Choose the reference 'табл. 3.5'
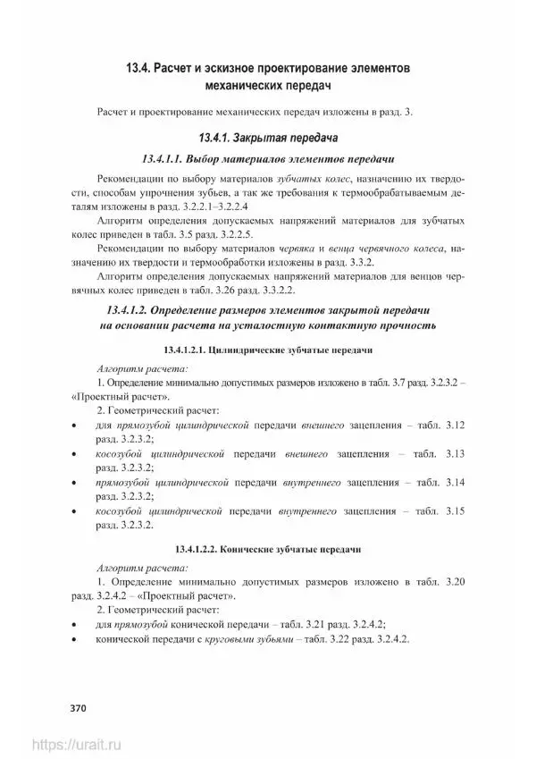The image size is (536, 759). coord(194,234)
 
